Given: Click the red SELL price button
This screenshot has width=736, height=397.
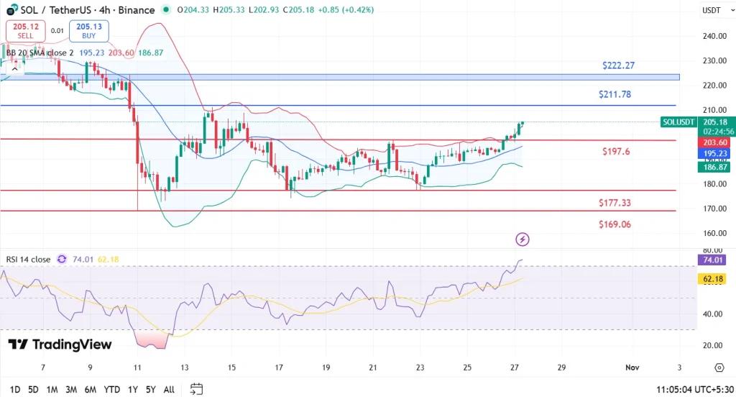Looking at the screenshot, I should click(x=26, y=30).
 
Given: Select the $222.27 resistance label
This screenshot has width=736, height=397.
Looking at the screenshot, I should click(x=618, y=65).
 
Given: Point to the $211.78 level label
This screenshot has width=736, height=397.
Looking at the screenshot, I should click(x=615, y=94).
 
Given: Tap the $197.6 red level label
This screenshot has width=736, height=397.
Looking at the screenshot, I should click(x=616, y=152).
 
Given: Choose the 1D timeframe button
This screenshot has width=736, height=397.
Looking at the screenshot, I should click(x=14, y=389).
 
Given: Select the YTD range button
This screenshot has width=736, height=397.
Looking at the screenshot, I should click(x=111, y=389).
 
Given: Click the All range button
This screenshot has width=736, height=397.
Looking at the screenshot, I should click(x=169, y=389).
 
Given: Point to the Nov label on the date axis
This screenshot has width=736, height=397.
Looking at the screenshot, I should click(x=632, y=368).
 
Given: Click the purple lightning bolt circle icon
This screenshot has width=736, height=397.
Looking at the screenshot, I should click(x=523, y=239).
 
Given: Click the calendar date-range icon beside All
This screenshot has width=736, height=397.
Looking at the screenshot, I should click(x=196, y=389).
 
